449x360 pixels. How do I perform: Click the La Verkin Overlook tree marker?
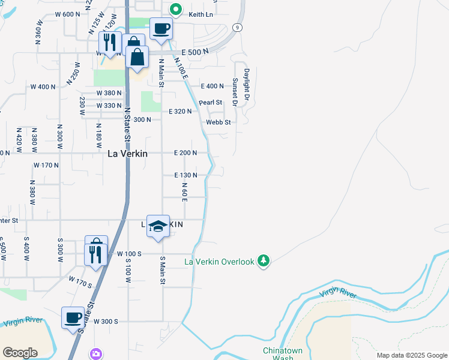point(263,260)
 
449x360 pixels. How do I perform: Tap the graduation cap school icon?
point(157,226)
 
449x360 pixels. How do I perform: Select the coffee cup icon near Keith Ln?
point(161,29)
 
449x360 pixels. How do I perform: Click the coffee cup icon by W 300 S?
point(73,317)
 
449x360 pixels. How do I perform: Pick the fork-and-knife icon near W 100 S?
point(96,253)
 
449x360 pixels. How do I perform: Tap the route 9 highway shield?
point(238,27)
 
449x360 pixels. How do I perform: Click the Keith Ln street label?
point(200,14)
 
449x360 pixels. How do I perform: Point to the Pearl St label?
point(211,103)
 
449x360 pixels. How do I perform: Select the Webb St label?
point(218,122)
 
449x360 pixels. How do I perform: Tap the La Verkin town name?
point(127,154)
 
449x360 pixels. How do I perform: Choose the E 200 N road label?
point(185,153)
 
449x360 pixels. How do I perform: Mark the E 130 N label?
point(186,175)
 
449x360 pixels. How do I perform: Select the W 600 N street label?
point(67,14)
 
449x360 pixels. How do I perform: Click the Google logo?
point(20,353)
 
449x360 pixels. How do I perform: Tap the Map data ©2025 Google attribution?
point(411,355)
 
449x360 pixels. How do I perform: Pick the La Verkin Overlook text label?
point(219,262)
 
